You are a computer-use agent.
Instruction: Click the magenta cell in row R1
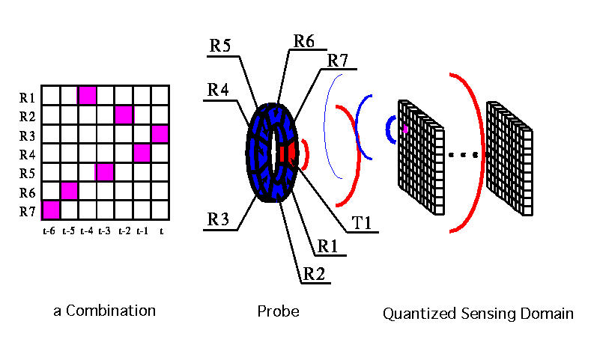pos(87,96)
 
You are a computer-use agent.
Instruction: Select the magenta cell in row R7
pos(50,209)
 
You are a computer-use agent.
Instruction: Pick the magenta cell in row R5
pos(106,171)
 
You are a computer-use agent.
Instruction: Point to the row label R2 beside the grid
pos(28,116)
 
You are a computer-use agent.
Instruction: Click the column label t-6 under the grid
pos(49,231)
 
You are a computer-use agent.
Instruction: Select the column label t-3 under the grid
pos(105,231)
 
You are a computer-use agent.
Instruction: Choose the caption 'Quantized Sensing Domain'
pos(478,314)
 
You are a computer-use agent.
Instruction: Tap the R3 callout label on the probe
pos(217,221)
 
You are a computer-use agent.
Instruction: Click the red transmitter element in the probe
pos(285,153)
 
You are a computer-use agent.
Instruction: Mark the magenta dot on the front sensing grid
pos(405,129)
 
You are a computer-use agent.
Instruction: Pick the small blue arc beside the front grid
pos(389,130)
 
